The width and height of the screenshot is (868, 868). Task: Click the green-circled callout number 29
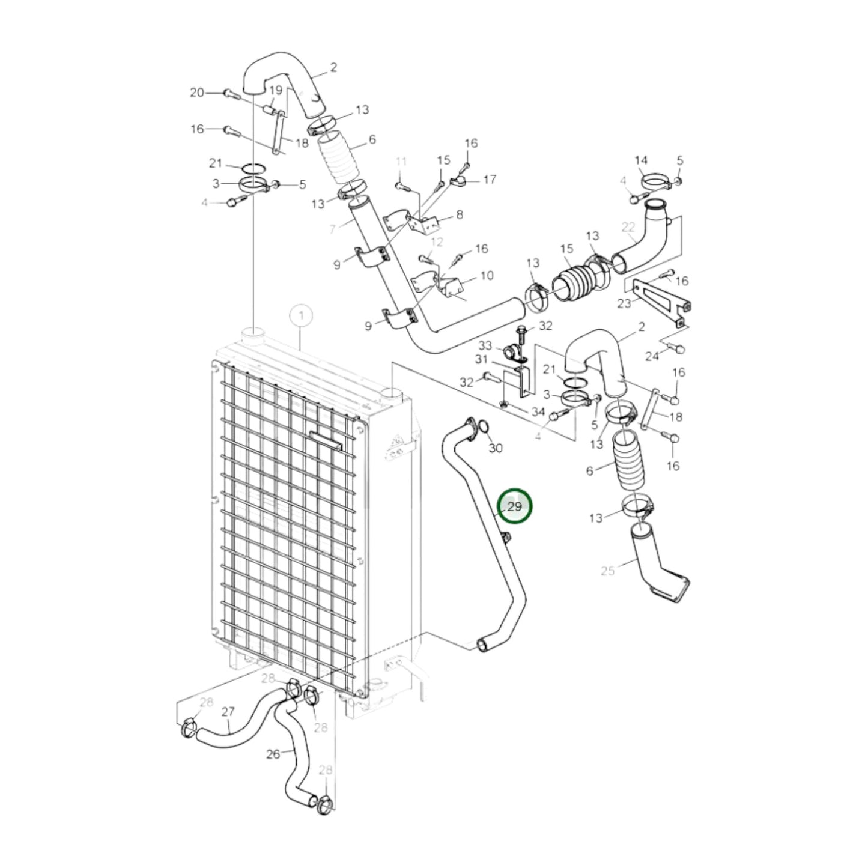click(515, 506)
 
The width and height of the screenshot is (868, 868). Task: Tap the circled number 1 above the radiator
click(301, 315)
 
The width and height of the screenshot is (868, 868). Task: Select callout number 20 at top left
click(197, 92)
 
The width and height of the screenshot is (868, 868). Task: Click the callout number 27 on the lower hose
click(228, 712)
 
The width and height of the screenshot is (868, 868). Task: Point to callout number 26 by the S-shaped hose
click(273, 753)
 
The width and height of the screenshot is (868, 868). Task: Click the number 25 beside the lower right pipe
click(607, 570)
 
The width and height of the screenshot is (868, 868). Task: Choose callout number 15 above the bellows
click(567, 249)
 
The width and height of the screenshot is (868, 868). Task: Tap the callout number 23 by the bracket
click(624, 303)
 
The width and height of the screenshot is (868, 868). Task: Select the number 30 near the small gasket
click(495, 448)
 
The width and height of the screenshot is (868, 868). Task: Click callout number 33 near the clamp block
click(485, 345)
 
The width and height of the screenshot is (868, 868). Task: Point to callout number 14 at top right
click(641, 160)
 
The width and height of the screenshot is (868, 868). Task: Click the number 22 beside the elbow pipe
click(628, 227)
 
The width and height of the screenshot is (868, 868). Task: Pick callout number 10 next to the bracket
click(487, 275)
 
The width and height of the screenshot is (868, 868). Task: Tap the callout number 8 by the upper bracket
click(460, 214)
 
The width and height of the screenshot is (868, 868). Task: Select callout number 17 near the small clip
click(490, 179)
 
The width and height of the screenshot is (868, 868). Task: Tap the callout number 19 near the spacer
click(275, 90)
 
